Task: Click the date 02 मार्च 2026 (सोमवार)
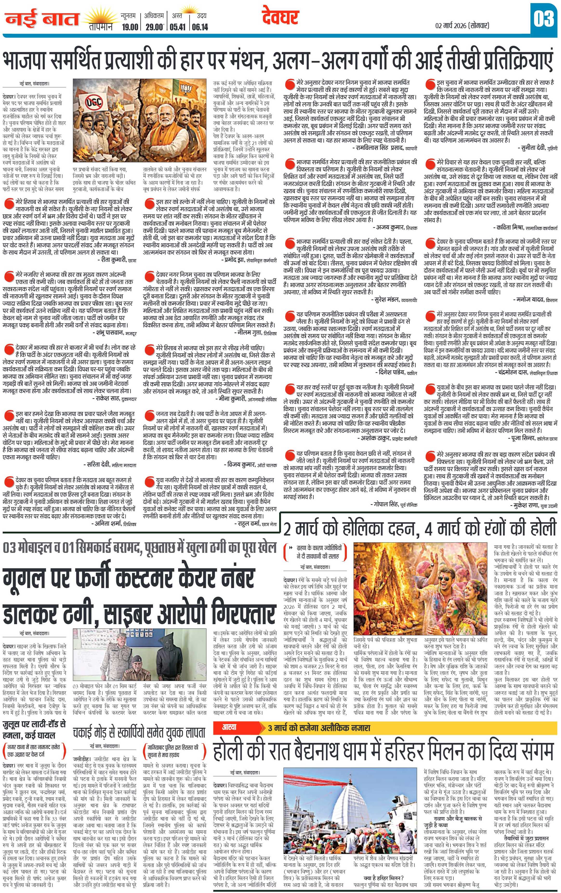(462, 26)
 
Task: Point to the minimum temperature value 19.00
(130, 27)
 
